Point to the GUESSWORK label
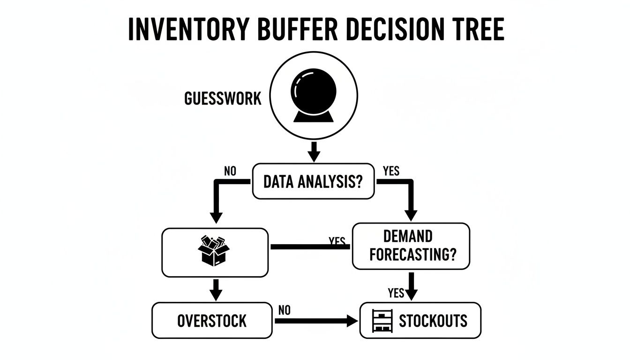coord(223,99)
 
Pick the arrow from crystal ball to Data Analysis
coord(314,150)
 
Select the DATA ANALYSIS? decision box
coord(313,181)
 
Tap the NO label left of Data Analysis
coord(230,171)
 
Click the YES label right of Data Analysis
coord(391,171)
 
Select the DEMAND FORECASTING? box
coord(411,246)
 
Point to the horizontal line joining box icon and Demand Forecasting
coord(309,246)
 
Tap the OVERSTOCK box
coord(212,321)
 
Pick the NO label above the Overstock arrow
coord(284,310)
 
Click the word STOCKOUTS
coord(433,321)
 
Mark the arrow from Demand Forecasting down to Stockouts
coord(411,286)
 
